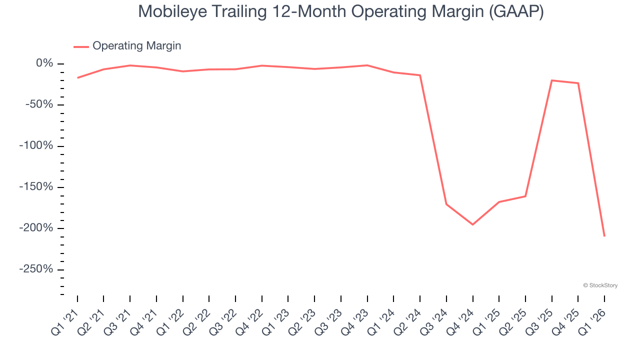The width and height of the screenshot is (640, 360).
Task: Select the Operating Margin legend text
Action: tap(136, 46)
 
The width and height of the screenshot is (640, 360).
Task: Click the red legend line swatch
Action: tap(81, 46)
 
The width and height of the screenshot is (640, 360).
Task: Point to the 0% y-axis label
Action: tap(44, 63)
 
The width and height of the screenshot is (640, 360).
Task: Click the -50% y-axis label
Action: tap(40, 105)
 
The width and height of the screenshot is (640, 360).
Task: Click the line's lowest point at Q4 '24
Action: tap(472, 224)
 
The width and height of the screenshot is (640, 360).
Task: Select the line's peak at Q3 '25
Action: tap(551, 80)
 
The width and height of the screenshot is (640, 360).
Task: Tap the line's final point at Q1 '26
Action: tap(604, 236)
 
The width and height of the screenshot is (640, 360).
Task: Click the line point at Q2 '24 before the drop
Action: tap(420, 75)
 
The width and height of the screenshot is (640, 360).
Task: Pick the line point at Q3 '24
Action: tap(446, 204)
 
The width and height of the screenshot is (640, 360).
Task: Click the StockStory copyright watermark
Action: tap(600, 285)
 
